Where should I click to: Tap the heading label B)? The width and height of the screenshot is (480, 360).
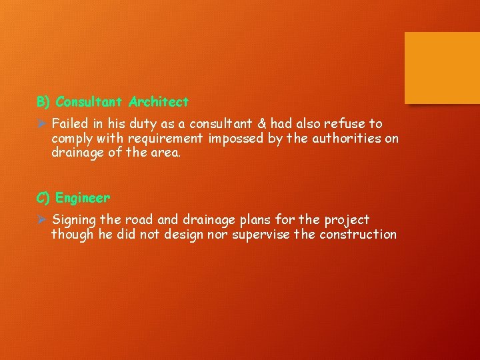tap(44, 102)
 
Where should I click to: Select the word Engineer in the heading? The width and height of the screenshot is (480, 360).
tap(83, 198)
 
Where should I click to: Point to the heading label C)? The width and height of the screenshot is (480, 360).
tap(44, 198)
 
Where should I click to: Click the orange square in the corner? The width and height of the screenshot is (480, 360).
tap(442, 68)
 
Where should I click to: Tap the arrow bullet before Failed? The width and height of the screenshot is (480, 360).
tap(41, 124)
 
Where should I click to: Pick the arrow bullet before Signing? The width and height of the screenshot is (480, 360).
tap(41, 220)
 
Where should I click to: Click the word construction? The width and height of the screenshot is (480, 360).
tap(358, 235)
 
